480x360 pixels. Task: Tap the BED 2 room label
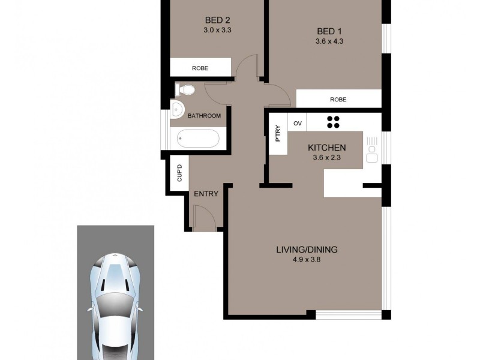click(x=214, y=18)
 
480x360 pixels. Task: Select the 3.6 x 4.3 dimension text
click(x=329, y=41)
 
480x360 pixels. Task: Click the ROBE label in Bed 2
click(x=200, y=68)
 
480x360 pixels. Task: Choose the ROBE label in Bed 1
click(x=338, y=100)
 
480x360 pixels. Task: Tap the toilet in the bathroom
click(x=184, y=90)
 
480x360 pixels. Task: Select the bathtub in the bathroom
click(x=198, y=139)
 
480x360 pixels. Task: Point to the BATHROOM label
click(x=204, y=116)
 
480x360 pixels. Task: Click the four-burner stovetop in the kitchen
click(x=334, y=122)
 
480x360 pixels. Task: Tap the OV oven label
click(x=297, y=123)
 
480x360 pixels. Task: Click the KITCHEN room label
click(x=326, y=148)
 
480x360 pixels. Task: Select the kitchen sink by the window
click(x=371, y=150)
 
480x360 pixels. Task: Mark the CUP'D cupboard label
click(x=179, y=173)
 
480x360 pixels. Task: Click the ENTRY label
click(x=206, y=194)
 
